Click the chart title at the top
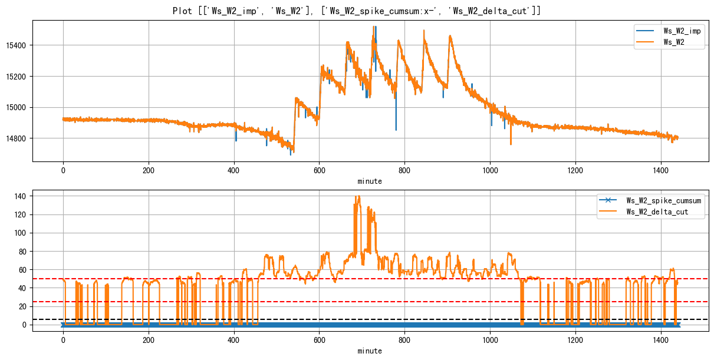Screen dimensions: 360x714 pyautogui.click(x=357, y=11)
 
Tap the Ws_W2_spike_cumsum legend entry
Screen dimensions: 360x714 pyautogui.click(x=663, y=200)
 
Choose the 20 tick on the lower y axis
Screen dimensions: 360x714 pyautogui.click(x=22, y=306)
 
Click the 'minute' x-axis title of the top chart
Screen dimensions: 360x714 pyautogui.click(x=370, y=181)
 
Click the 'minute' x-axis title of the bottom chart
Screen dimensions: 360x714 pyautogui.click(x=370, y=351)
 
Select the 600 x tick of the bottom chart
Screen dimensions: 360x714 pyautogui.click(x=319, y=341)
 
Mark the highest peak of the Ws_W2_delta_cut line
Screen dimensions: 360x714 pyautogui.click(x=358, y=196)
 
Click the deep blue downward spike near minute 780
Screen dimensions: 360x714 pyautogui.click(x=396, y=128)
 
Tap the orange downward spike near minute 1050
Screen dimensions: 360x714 pyautogui.click(x=511, y=143)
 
